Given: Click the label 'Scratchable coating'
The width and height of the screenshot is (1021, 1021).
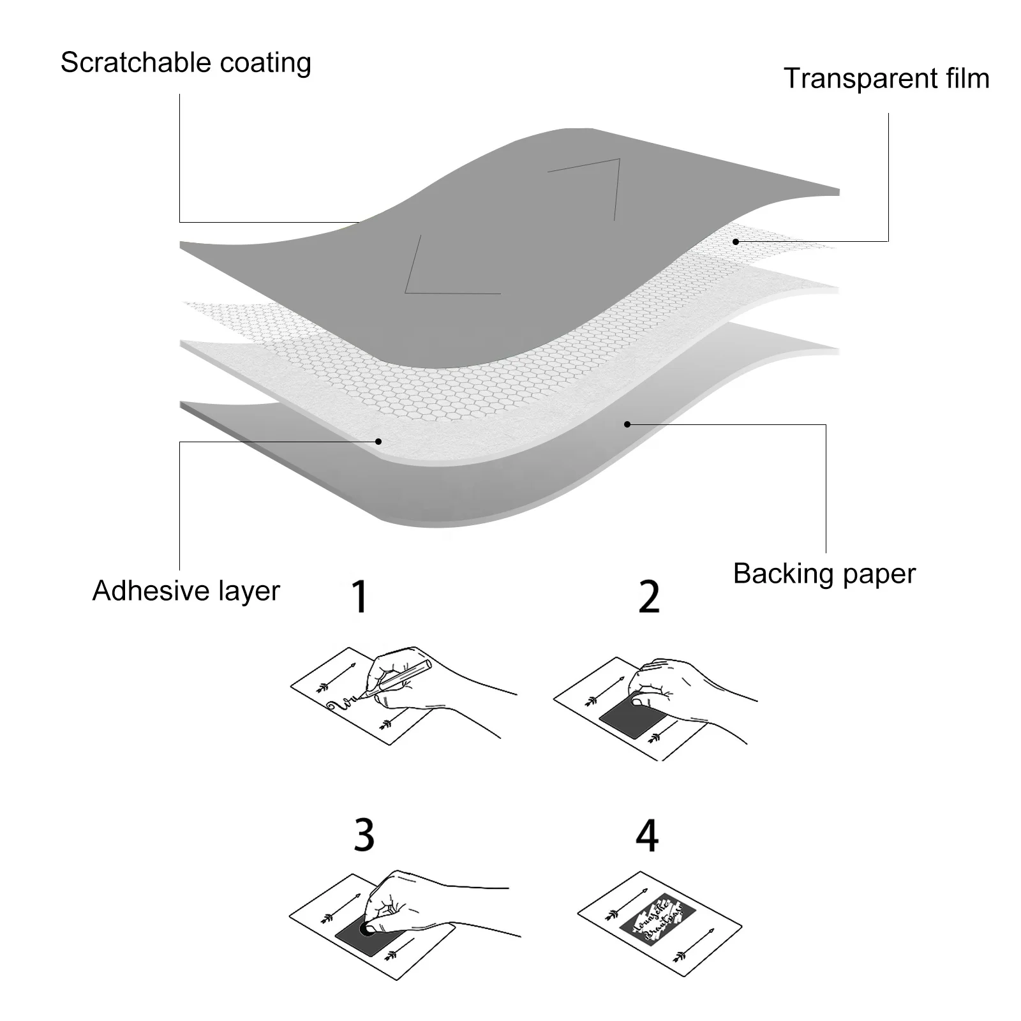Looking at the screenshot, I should (x=186, y=63).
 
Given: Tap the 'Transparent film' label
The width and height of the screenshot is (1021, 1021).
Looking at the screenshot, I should (x=886, y=78).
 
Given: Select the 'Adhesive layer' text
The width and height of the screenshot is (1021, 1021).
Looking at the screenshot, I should (x=186, y=591).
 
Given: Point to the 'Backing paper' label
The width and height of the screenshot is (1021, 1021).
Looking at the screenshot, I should (x=824, y=574).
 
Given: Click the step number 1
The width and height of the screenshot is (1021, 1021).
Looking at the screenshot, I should (x=361, y=597).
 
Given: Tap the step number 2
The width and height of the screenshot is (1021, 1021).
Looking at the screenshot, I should (x=649, y=597).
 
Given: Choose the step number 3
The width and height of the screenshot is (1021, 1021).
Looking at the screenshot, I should (x=364, y=834).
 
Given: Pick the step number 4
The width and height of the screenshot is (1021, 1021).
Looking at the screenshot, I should (x=647, y=834).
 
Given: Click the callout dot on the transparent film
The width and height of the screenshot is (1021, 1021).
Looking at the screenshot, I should (x=736, y=242).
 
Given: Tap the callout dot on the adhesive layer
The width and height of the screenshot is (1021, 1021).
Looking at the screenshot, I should (x=378, y=441).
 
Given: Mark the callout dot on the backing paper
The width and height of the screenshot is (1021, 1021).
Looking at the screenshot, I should (x=627, y=424).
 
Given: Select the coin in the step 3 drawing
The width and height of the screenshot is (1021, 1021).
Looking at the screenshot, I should (x=367, y=928).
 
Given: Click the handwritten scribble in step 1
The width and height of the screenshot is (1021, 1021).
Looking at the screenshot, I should (x=341, y=704).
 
